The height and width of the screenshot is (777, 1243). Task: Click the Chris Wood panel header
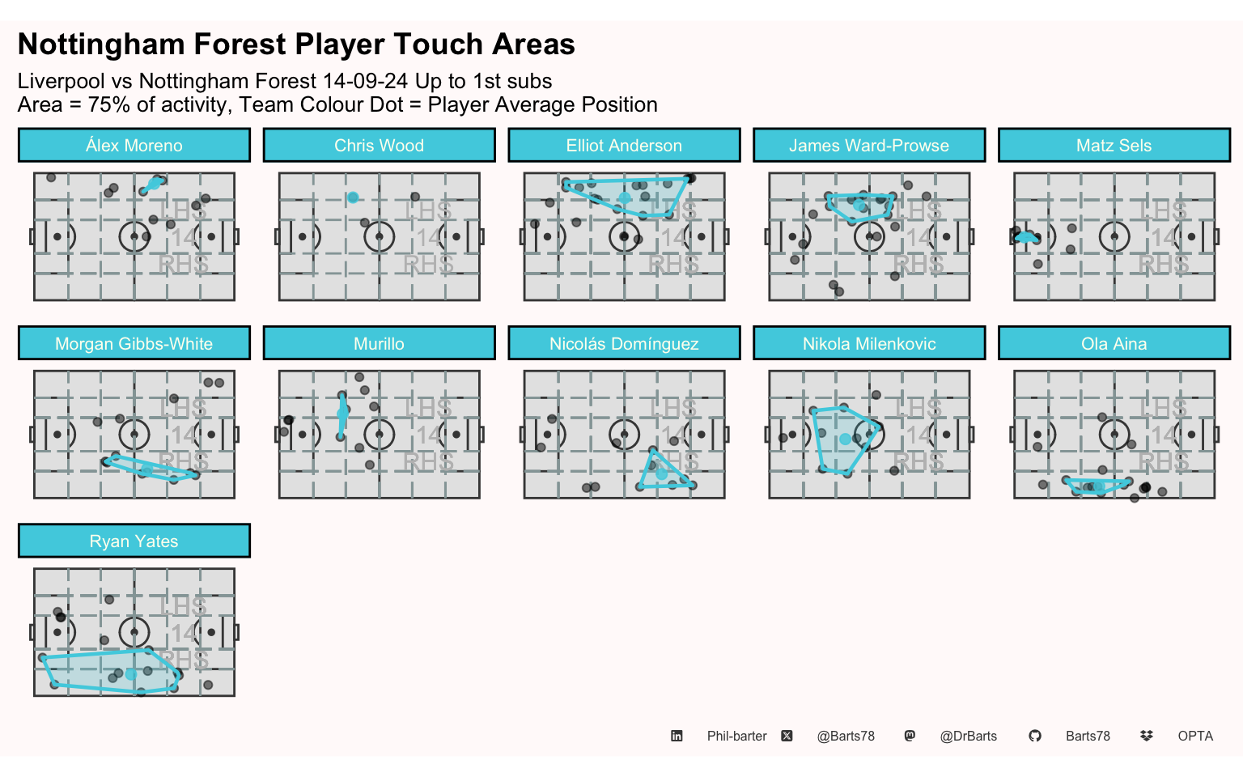[x=379, y=146]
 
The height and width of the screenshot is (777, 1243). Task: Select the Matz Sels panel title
[x=1114, y=146]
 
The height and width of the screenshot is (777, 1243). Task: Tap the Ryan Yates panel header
[x=134, y=541]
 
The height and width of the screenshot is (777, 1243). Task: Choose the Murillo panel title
[x=379, y=343]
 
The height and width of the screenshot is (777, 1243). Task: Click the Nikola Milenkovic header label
[x=869, y=343]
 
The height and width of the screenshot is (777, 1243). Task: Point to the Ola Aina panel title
[x=1114, y=343]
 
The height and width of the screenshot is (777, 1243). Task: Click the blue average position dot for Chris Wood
[x=353, y=197]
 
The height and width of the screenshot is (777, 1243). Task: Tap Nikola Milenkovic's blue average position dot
[x=845, y=439]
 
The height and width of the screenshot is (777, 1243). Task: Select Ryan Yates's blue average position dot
[x=131, y=674]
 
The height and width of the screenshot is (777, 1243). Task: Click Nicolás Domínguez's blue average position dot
[x=661, y=474]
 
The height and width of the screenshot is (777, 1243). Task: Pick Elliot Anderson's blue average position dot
[x=625, y=198]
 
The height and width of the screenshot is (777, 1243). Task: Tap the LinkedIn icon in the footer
[x=677, y=736]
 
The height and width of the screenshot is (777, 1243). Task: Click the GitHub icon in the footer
[x=1035, y=736]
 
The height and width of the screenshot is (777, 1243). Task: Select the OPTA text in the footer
[x=1195, y=737]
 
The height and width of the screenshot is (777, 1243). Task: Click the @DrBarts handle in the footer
[x=969, y=737]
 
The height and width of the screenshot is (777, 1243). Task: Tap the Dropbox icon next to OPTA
[x=1147, y=736]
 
